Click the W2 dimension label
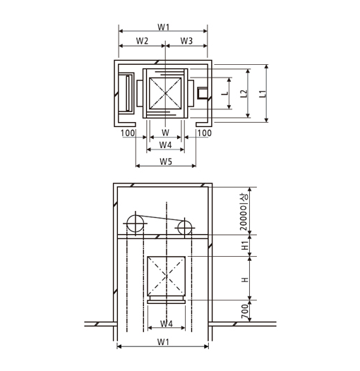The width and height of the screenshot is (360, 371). [142, 41]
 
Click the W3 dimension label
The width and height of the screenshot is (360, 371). [186, 41]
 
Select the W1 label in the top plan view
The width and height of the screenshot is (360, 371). [164, 28]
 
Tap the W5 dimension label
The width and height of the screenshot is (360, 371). [166, 162]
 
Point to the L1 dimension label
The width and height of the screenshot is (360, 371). [263, 94]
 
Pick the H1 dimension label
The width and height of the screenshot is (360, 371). [245, 245]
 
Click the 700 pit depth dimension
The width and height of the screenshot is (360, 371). [245, 311]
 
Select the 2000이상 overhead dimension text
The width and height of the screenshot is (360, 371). [244, 212]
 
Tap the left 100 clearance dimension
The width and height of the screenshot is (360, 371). [128, 133]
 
